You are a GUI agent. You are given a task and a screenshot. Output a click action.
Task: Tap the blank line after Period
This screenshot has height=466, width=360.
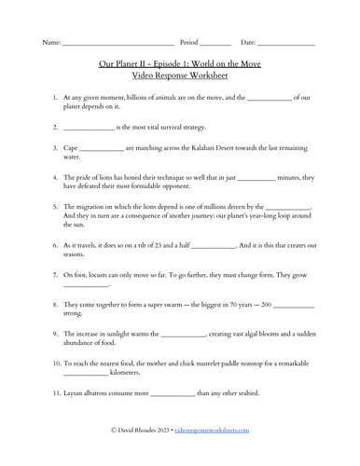pyautogui.click(x=215, y=44)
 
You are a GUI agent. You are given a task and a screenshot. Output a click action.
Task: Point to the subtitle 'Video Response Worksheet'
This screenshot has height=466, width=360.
pyautogui.click(x=179, y=75)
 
